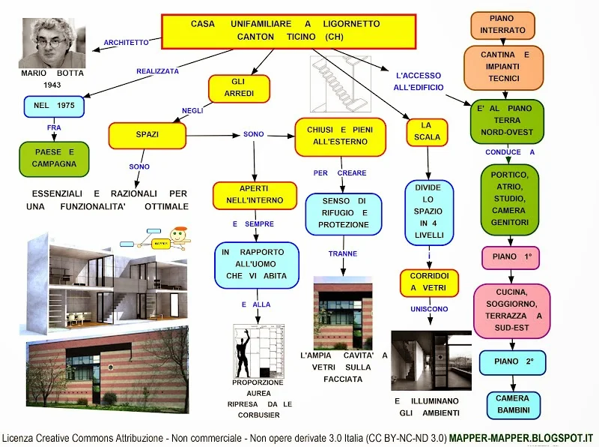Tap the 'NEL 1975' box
[x=55, y=106]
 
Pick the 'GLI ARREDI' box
[x=239, y=88]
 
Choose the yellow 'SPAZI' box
[x=147, y=135]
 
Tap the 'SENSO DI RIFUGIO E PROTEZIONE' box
[x=343, y=213]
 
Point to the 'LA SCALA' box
[x=427, y=131]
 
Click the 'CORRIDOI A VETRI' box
[x=428, y=282]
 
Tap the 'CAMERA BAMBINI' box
[x=512, y=404]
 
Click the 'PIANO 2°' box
[x=513, y=362]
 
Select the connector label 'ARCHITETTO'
[x=126, y=43]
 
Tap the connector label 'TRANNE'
[x=342, y=253]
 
